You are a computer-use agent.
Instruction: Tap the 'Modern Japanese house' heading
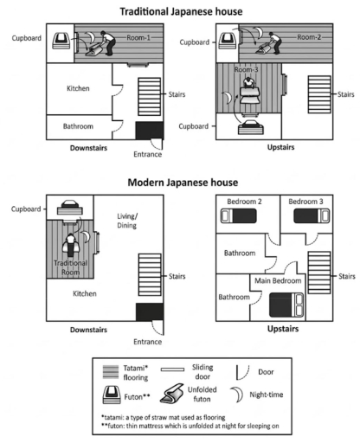tap(180, 183)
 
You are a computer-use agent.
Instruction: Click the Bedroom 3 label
tap(305, 202)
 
